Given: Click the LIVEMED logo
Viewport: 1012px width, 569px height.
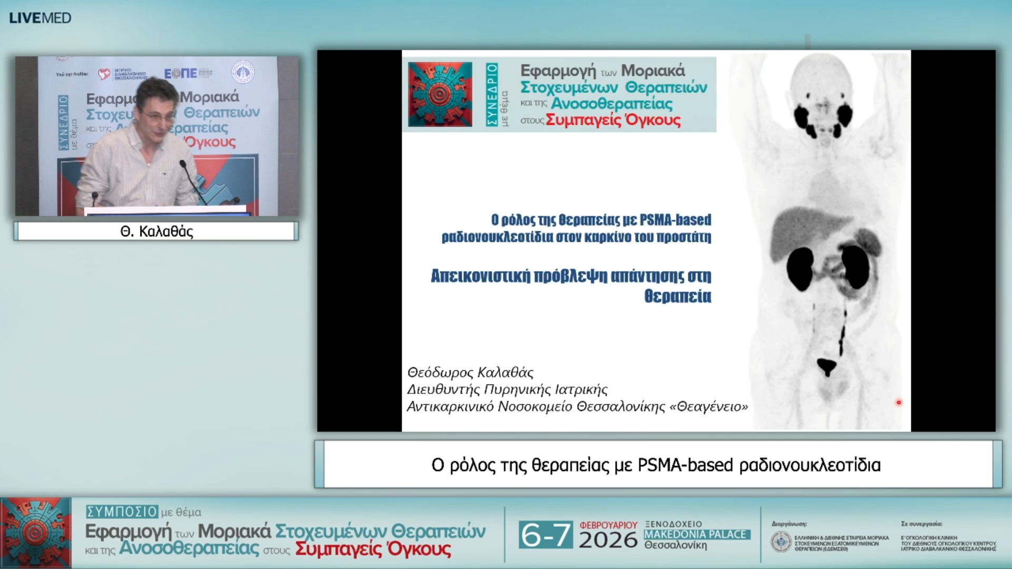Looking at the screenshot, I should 40,18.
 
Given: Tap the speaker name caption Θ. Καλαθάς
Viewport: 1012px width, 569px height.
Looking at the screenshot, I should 157,231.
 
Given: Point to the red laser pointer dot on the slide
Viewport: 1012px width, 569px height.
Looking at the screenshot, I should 899,403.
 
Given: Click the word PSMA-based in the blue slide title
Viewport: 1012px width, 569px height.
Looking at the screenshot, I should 675,220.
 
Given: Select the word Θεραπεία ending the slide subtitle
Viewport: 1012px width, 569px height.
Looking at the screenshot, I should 677,296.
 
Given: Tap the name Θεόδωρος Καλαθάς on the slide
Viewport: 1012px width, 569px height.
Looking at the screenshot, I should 470,372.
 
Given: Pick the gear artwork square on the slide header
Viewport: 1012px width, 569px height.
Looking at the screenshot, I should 440,94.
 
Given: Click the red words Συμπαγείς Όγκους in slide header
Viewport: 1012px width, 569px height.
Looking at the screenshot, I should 613,120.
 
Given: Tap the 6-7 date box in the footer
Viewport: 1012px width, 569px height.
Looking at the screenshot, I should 545,535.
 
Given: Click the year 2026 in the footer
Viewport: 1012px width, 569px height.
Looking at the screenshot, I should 608,541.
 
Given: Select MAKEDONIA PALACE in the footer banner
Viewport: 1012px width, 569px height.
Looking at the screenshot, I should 695,534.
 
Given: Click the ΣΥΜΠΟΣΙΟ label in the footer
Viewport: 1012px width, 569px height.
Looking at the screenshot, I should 122,512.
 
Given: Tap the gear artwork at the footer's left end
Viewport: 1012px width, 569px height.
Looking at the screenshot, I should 35,533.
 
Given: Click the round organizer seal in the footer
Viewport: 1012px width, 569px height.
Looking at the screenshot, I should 781,542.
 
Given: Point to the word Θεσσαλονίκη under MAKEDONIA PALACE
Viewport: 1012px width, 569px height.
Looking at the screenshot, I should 675,545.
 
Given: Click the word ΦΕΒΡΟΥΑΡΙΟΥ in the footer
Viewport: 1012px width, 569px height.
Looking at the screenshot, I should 608,525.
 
